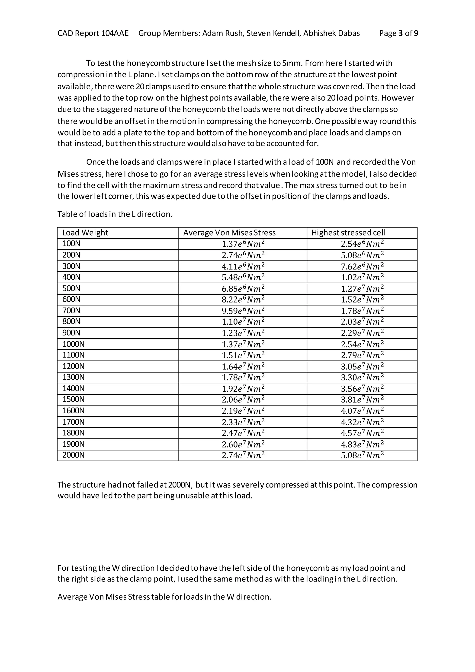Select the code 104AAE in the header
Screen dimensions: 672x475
pyautogui.click(x=115, y=33)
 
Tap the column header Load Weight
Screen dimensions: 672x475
pyautogui.click(x=85, y=233)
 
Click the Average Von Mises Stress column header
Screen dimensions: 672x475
pyautogui.click(x=229, y=233)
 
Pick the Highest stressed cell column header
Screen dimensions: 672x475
pyautogui.click(x=348, y=233)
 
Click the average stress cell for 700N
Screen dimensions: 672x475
pyautogui.click(x=243, y=311)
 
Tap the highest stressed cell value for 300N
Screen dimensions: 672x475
pyautogui.click(x=362, y=266)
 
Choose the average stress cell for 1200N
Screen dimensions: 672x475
pyautogui.click(x=243, y=366)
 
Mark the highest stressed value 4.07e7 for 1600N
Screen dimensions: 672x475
pyautogui.click(x=362, y=411)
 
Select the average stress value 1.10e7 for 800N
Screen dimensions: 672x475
pyautogui.click(x=243, y=322)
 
